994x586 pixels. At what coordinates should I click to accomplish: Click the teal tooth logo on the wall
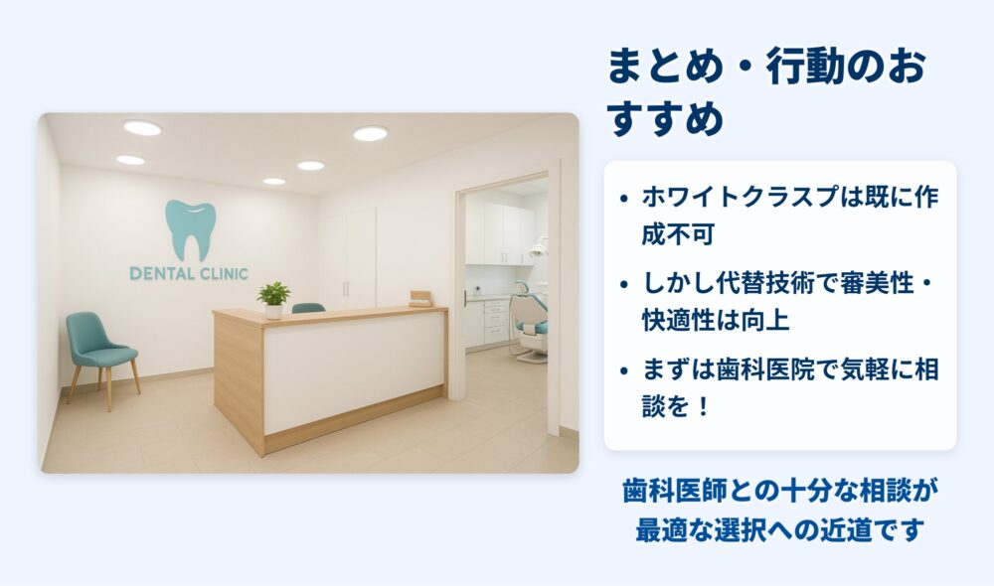pyautogui.click(x=190, y=230)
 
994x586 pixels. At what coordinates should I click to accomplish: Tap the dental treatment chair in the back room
pyautogui.click(x=530, y=322)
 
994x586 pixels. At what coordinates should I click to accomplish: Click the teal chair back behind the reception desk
pyautogui.click(x=308, y=308)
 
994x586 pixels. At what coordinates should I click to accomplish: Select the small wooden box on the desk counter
pyautogui.click(x=420, y=298)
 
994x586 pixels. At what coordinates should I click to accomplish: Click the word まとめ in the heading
pyautogui.click(x=666, y=67)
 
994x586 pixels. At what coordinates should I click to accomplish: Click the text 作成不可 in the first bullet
pyautogui.click(x=678, y=234)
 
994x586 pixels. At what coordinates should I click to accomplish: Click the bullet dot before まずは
pyautogui.click(x=624, y=370)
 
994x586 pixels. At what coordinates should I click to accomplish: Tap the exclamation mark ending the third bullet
pyautogui.click(x=703, y=406)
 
